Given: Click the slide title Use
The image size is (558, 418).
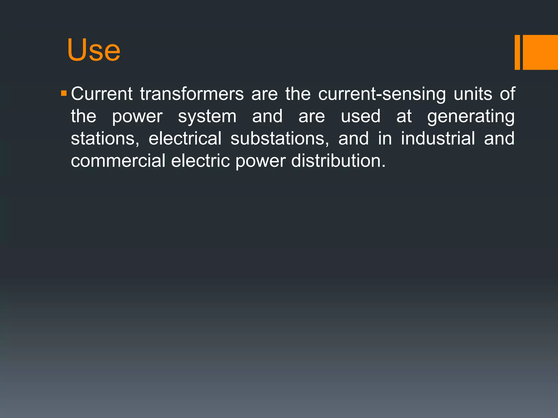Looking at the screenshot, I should click(93, 50).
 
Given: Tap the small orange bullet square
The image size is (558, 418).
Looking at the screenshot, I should click(64, 94).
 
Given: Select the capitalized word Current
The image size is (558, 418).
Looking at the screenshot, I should click(102, 94).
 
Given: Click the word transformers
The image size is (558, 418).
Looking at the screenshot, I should click(192, 94).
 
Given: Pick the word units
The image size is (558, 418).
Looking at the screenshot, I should click(473, 94).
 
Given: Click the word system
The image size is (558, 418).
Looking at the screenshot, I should click(207, 117).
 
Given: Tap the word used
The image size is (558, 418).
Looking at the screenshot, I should click(360, 116).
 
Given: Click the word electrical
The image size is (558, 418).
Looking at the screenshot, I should click(185, 138).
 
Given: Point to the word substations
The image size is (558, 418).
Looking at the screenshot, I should click(280, 139).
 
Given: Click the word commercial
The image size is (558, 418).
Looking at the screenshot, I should click(118, 161).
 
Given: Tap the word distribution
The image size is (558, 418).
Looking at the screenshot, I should click(338, 161).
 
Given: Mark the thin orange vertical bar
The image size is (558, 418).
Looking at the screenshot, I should click(517, 52).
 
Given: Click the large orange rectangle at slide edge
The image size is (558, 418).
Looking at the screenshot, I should click(540, 52).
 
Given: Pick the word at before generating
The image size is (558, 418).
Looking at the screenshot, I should click(404, 116).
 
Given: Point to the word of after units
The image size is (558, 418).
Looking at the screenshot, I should click(507, 94).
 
